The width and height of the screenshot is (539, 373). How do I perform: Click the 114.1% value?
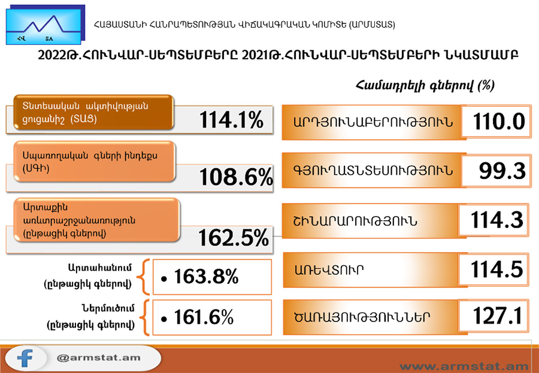[x=231, y=120]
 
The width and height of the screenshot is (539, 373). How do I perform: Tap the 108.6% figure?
[x=236, y=177]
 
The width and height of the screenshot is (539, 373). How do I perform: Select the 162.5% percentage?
[x=234, y=238]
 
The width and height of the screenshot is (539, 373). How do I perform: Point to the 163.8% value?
[x=206, y=277]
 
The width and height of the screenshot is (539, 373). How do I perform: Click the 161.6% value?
[x=204, y=317]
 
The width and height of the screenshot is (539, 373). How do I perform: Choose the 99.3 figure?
[x=502, y=171]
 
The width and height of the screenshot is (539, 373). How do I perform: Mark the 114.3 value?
[x=496, y=220]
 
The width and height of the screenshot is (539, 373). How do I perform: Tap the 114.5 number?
[x=496, y=269]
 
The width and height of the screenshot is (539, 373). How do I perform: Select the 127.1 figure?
[x=498, y=316]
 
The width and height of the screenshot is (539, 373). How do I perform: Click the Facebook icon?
[x=25, y=358]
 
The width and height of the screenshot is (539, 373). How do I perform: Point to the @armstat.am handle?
[x=98, y=357]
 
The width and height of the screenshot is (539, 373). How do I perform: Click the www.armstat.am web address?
[x=464, y=366]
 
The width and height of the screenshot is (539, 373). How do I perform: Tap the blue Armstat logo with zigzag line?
[x=45, y=25]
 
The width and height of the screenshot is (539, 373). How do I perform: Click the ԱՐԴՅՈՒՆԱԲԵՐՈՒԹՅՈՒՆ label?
[x=373, y=122]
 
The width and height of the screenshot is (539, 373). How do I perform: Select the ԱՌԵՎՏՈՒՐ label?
[x=329, y=270]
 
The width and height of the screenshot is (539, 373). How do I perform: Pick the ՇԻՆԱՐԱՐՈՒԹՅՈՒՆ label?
[x=355, y=221]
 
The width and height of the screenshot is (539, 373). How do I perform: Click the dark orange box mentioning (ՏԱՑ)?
[x=93, y=113]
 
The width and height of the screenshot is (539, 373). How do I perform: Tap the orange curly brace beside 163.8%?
[x=143, y=277]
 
